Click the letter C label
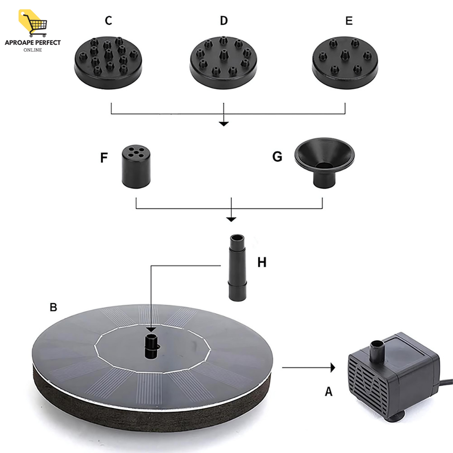click(x=108, y=21)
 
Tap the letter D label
click(x=224, y=21)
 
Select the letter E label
click(x=349, y=21)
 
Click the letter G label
click(x=277, y=157)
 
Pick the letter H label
click(x=262, y=262)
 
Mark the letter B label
click(x=53, y=307)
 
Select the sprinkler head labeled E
click(x=345, y=62)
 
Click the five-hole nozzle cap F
click(x=136, y=166)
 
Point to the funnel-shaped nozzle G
click(x=324, y=161)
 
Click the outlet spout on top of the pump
click(x=376, y=349)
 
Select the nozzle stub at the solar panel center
click(x=152, y=346)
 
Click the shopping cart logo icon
click(x=33, y=22)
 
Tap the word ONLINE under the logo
click(x=33, y=50)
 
